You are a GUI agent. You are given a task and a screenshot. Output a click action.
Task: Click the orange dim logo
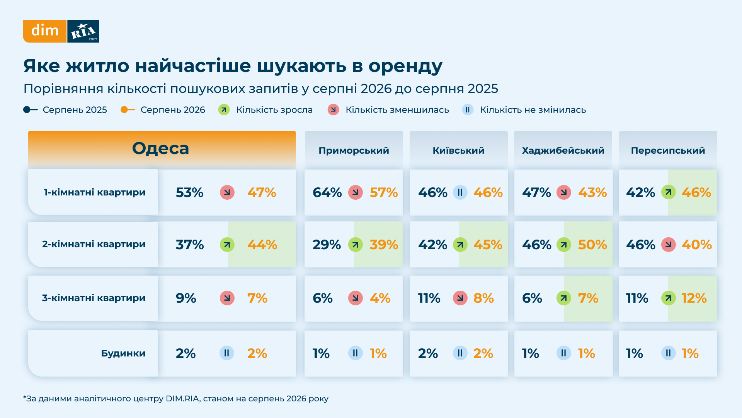tap(45, 31)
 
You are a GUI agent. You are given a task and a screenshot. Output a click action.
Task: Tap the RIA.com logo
tap(83, 31)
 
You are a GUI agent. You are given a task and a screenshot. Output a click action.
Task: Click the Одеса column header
tap(161, 148)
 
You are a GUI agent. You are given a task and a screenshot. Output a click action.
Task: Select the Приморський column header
tap(354, 151)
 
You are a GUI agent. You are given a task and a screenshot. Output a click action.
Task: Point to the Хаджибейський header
tap(563, 151)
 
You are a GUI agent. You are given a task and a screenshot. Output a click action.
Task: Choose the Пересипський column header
tap(668, 151)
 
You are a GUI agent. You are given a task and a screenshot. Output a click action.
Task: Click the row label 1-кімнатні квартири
tap(94, 192)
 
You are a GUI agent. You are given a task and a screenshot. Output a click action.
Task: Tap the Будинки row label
tap(123, 353)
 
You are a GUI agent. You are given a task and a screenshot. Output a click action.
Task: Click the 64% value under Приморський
tap(327, 192)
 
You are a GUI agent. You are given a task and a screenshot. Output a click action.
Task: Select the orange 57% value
tap(384, 192)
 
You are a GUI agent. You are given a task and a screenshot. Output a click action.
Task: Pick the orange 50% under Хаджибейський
tap(592, 245)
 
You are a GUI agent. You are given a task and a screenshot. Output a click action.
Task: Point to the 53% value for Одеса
tap(189, 192)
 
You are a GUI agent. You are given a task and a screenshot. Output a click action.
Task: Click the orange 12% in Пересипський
tap(694, 298)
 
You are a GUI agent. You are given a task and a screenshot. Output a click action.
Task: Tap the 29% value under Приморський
tap(327, 245)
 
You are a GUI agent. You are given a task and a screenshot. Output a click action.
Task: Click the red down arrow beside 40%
tap(669, 245)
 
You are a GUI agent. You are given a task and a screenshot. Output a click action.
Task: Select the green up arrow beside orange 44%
tap(227, 245)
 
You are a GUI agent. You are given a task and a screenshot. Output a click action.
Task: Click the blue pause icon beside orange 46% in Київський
tap(460, 192)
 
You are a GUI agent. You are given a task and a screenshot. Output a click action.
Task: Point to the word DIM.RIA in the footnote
tap(182, 399)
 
